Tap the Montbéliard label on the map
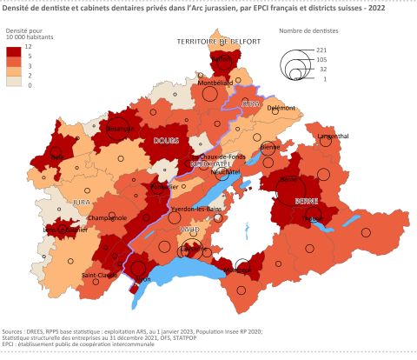click(216, 83)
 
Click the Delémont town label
click(281, 109)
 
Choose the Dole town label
click(57, 157)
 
